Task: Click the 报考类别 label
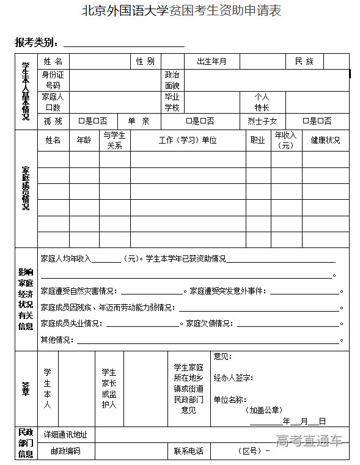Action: tap(37, 43)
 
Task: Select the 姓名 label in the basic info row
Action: tap(53, 62)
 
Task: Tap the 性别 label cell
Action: tap(145, 62)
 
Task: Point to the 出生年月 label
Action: tap(211, 62)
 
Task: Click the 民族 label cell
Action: tap(304, 62)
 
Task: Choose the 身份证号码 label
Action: tap(53, 80)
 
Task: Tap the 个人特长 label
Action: tap(262, 101)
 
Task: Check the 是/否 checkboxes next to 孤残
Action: tap(94, 121)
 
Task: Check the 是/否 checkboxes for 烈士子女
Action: tap(318, 121)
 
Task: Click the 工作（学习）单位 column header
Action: tap(188, 140)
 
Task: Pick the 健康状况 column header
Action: tap(325, 140)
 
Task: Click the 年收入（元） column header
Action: tap(285, 140)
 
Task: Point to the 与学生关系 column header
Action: tap(114, 140)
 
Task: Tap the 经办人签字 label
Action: tap(233, 378)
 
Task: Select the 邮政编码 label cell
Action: tap(65, 452)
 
